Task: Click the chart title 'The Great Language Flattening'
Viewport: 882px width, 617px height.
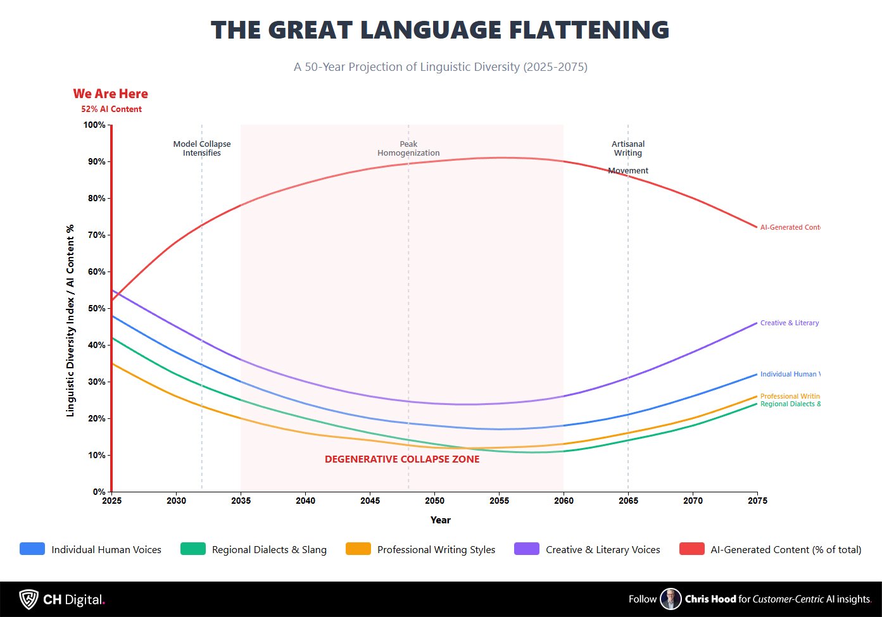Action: (x=440, y=30)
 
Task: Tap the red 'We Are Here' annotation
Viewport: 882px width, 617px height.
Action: (x=111, y=94)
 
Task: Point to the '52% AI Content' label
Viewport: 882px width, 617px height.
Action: (x=111, y=109)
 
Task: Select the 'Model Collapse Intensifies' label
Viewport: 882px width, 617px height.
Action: (x=202, y=149)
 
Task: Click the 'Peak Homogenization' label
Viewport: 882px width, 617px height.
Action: (x=408, y=149)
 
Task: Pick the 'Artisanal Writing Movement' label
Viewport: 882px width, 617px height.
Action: (x=628, y=157)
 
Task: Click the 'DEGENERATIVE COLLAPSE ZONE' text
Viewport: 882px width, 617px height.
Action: (x=402, y=459)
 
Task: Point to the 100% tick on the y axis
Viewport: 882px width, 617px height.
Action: (x=95, y=125)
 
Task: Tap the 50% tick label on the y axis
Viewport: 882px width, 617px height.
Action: (x=96, y=308)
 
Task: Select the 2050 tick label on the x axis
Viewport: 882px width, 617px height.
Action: (x=434, y=501)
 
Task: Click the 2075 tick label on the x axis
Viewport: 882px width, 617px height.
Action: (x=757, y=501)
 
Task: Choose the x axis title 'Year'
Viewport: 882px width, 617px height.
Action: (x=441, y=520)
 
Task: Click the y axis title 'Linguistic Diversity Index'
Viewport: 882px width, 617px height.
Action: (x=70, y=320)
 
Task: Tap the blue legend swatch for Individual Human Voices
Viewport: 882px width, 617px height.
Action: (x=32, y=549)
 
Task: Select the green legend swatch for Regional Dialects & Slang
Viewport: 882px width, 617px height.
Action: (x=193, y=549)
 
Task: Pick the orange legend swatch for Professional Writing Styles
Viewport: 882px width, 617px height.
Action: (x=358, y=549)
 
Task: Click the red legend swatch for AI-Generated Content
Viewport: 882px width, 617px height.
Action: (x=692, y=549)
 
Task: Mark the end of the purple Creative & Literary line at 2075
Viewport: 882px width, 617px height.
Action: (x=757, y=323)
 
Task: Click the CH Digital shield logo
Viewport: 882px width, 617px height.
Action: (x=28, y=599)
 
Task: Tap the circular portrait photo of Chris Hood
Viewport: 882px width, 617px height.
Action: (x=671, y=599)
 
